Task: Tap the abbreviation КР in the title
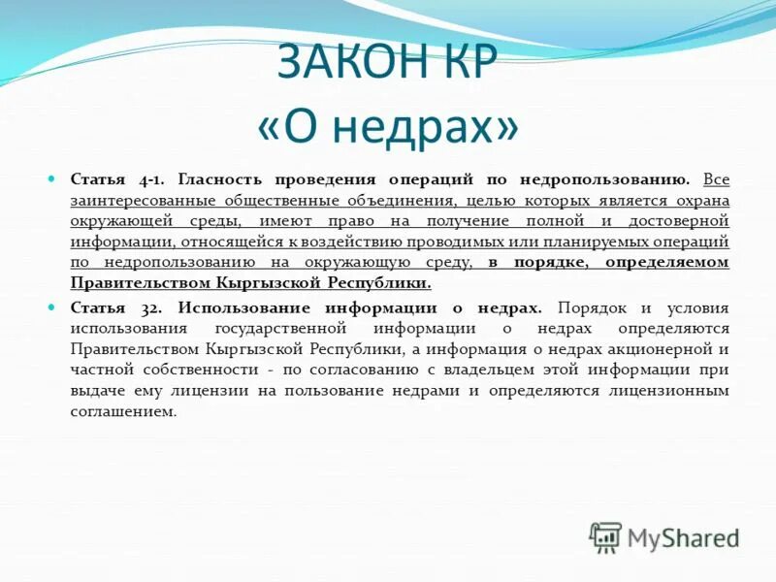click(x=466, y=64)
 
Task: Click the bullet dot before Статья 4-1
click(x=54, y=179)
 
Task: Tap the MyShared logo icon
click(x=605, y=536)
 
